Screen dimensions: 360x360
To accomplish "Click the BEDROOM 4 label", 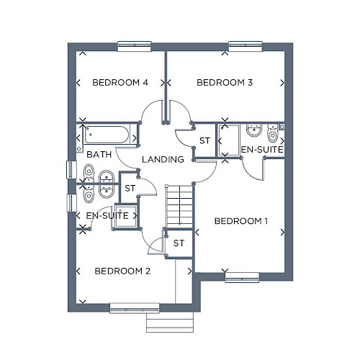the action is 120,83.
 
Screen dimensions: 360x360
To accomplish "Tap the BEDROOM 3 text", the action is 225,83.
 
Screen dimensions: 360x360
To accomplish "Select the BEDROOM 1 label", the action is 241,221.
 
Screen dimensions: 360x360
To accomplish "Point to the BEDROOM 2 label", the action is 122,271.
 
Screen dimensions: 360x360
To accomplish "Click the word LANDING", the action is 163,159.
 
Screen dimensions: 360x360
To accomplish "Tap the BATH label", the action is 99,154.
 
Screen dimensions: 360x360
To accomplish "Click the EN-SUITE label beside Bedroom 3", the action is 262,150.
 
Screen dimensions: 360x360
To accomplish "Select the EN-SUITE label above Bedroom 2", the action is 107,215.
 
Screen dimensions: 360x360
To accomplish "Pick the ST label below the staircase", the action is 179,243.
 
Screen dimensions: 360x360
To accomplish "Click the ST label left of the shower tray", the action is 204,140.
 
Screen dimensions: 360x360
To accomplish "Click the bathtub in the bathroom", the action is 107,135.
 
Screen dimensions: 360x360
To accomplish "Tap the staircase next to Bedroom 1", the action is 179,206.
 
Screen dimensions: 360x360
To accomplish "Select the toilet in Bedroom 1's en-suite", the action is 273,133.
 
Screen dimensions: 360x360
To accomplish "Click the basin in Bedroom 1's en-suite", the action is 254,130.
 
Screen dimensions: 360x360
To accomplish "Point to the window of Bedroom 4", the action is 135,46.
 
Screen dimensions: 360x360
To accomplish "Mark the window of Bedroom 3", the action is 246,46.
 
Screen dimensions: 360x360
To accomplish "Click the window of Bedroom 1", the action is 242,277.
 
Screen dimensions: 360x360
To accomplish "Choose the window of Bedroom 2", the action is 135,308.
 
